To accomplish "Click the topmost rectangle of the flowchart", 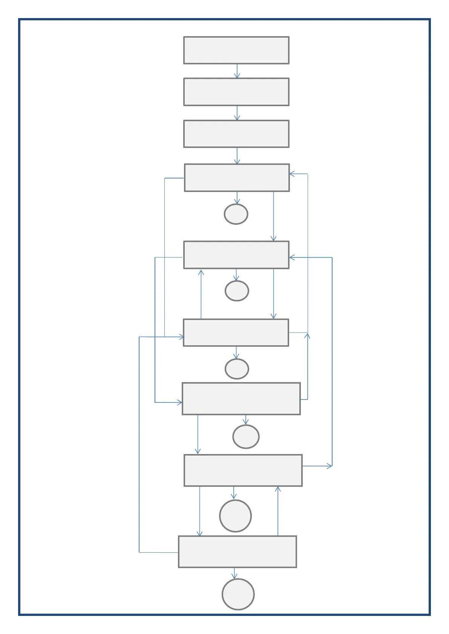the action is (236, 50).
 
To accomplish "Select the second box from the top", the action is (236, 92).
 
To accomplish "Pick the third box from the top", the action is (236, 134).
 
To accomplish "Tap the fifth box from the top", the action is (236, 255).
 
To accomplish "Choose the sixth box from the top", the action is (236, 332).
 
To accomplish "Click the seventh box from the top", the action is (241, 399).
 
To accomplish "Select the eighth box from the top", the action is (243, 470).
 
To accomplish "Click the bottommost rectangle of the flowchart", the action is (238, 552).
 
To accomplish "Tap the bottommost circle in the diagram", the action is (238, 594).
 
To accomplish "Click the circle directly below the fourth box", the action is (236, 214).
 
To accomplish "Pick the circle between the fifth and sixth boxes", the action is (237, 291).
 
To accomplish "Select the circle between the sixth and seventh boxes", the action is (237, 369).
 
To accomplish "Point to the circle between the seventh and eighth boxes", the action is (246, 437).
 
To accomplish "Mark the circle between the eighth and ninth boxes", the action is (235, 516).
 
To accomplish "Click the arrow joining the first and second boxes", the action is (237, 71).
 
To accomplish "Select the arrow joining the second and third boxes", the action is (237, 113).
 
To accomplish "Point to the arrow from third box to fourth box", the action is (237, 156).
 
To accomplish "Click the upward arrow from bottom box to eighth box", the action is (278, 511).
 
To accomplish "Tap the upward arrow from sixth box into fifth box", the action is (201, 294).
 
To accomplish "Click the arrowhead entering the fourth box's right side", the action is (292, 174).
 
